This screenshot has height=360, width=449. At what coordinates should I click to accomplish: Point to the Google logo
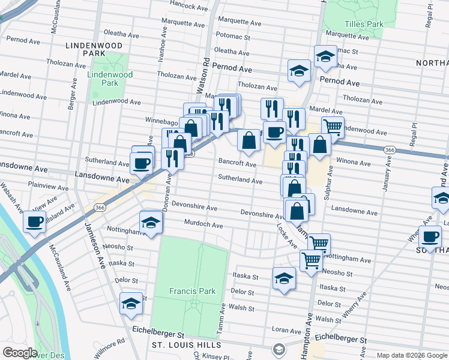click(x=20, y=353)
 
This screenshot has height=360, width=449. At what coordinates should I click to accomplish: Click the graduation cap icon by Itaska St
click(x=284, y=278)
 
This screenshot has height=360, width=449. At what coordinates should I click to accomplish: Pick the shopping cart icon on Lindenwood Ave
click(x=333, y=126)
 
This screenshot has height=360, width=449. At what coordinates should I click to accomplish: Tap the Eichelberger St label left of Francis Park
click(x=158, y=332)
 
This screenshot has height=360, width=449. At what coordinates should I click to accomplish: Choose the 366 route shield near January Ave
click(x=390, y=149)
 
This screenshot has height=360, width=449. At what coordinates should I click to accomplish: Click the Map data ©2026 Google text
click(x=411, y=355)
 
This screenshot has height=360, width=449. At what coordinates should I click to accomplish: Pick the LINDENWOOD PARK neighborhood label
click(x=95, y=49)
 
